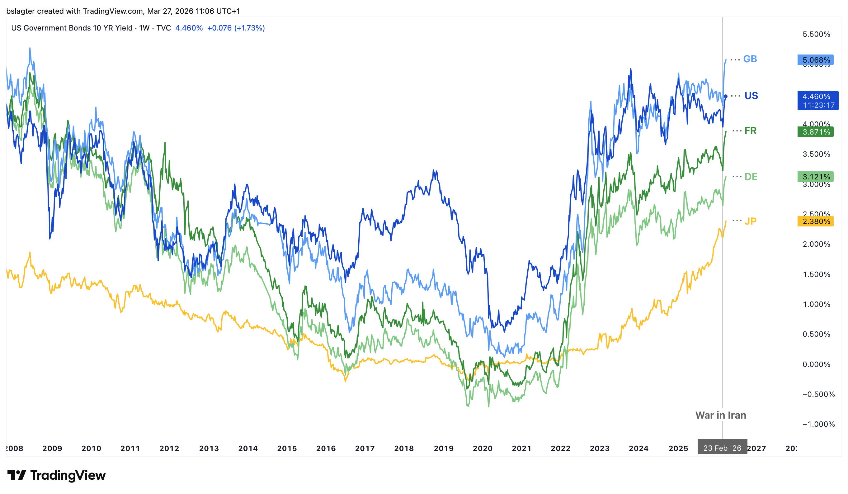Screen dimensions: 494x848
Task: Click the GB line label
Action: [x=750, y=59]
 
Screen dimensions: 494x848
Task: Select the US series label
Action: [x=751, y=96]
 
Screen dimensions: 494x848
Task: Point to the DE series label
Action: [x=751, y=177]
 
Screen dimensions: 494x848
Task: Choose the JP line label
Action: [x=750, y=221]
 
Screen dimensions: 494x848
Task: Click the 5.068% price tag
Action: [x=815, y=60]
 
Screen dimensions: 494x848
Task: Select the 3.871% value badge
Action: [x=815, y=132]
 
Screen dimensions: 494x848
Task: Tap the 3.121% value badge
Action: [x=815, y=177]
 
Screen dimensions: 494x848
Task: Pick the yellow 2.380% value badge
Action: [x=815, y=221]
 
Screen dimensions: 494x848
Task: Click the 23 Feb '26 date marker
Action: [x=722, y=448]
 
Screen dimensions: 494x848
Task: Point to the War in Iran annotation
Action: [x=720, y=415]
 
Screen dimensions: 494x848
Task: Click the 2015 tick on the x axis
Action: [x=287, y=448]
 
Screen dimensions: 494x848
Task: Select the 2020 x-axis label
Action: [x=483, y=448]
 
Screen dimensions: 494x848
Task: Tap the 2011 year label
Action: [x=130, y=448]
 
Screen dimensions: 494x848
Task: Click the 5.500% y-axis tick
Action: [x=816, y=34]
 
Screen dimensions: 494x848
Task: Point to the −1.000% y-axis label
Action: [x=818, y=424]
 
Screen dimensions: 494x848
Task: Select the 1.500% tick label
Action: [x=816, y=274]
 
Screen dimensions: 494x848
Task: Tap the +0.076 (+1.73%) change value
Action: [x=236, y=28]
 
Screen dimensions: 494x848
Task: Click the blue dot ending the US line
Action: [x=726, y=96]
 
